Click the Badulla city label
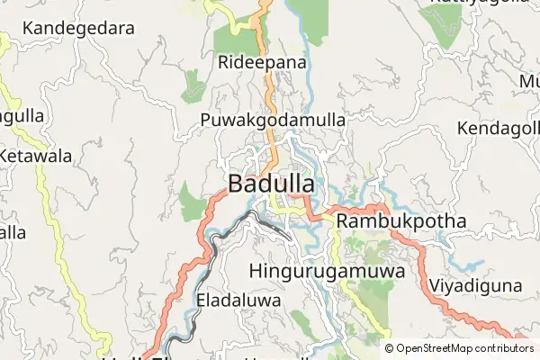[271, 184]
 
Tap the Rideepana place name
[263, 63]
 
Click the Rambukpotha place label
[400, 221]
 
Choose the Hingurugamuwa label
[324, 269]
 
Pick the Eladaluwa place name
[238, 300]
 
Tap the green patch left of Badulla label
[191, 202]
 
